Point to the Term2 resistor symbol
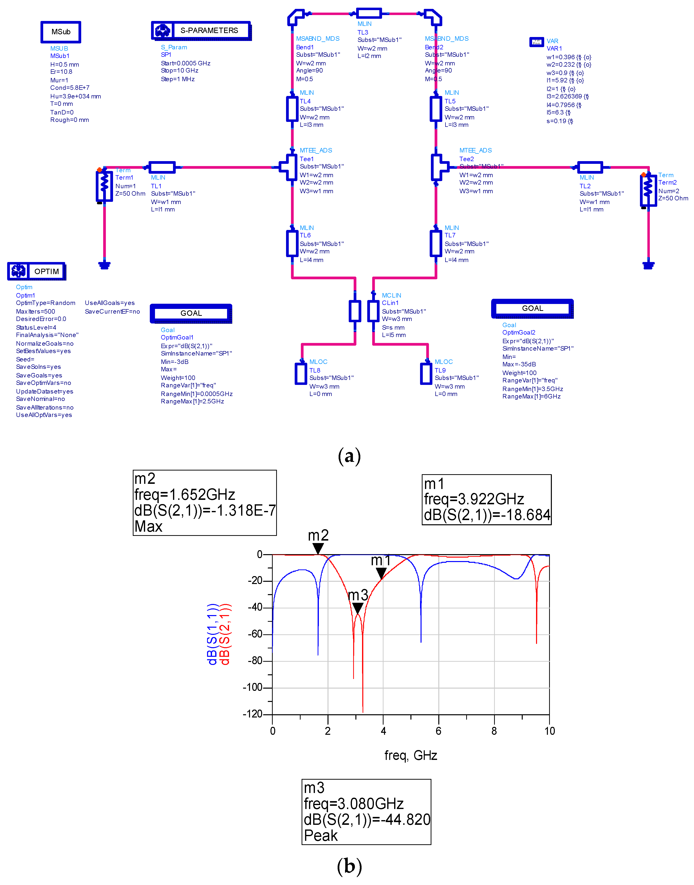pyautogui.click(x=648, y=190)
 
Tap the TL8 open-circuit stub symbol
pyautogui.click(x=301, y=373)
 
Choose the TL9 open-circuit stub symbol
pyautogui.click(x=426, y=373)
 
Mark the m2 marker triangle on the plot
pyautogui.click(x=318, y=548)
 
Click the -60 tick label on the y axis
pyautogui.click(x=255, y=634)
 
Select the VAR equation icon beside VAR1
pyautogui.click(x=536, y=42)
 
